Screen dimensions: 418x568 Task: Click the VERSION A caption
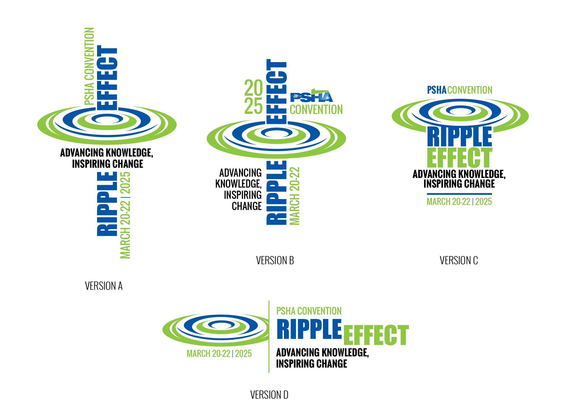(104, 286)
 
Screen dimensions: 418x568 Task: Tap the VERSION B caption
(275, 260)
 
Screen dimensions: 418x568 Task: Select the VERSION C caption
(458, 260)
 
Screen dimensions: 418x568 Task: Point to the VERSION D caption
(269, 395)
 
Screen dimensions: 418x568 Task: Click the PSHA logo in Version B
(312, 96)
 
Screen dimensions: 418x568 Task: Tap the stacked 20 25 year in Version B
(253, 96)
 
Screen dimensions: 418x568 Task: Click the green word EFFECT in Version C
(459, 157)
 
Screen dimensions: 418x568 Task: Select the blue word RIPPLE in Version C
(459, 137)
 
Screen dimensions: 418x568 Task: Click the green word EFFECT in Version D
(376, 335)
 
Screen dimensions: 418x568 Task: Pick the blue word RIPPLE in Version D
(309, 329)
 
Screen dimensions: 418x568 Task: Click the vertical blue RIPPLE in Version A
(107, 204)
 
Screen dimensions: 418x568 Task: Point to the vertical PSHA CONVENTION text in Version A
(89, 66)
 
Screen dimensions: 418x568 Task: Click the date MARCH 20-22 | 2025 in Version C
(459, 202)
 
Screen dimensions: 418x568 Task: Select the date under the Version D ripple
(219, 354)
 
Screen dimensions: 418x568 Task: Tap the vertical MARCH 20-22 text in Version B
(295, 196)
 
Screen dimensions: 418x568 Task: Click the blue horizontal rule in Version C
(459, 194)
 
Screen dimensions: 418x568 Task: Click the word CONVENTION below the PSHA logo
(316, 110)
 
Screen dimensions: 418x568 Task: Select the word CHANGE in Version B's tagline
(247, 206)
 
